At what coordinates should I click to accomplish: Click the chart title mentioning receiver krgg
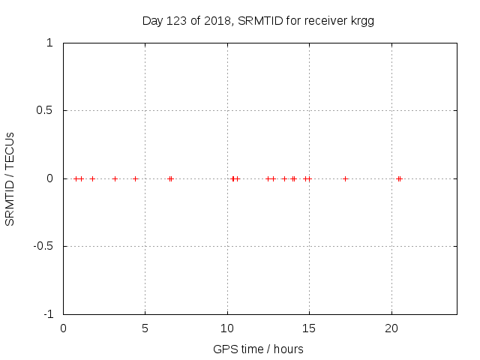coord(258,21)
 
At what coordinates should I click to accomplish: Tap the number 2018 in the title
coord(216,21)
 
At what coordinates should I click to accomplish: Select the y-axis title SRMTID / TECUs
coord(10,178)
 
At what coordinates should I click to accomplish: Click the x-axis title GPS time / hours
coord(258,349)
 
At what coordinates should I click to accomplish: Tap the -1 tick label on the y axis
coord(47,313)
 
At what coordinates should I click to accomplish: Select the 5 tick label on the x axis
coord(145,328)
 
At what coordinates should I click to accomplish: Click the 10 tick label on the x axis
coord(227,328)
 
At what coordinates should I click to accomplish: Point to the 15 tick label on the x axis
coord(309,328)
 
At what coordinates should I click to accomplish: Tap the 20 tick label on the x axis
coord(391,328)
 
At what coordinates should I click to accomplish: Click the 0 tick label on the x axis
coord(63,328)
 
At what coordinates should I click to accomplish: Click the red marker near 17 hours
coord(345,178)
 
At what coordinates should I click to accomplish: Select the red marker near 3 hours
coord(115,178)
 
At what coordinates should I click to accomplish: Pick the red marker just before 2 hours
coord(92,178)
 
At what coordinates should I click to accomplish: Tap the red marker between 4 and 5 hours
coord(135,178)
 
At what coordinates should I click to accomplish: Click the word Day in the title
coord(152,21)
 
